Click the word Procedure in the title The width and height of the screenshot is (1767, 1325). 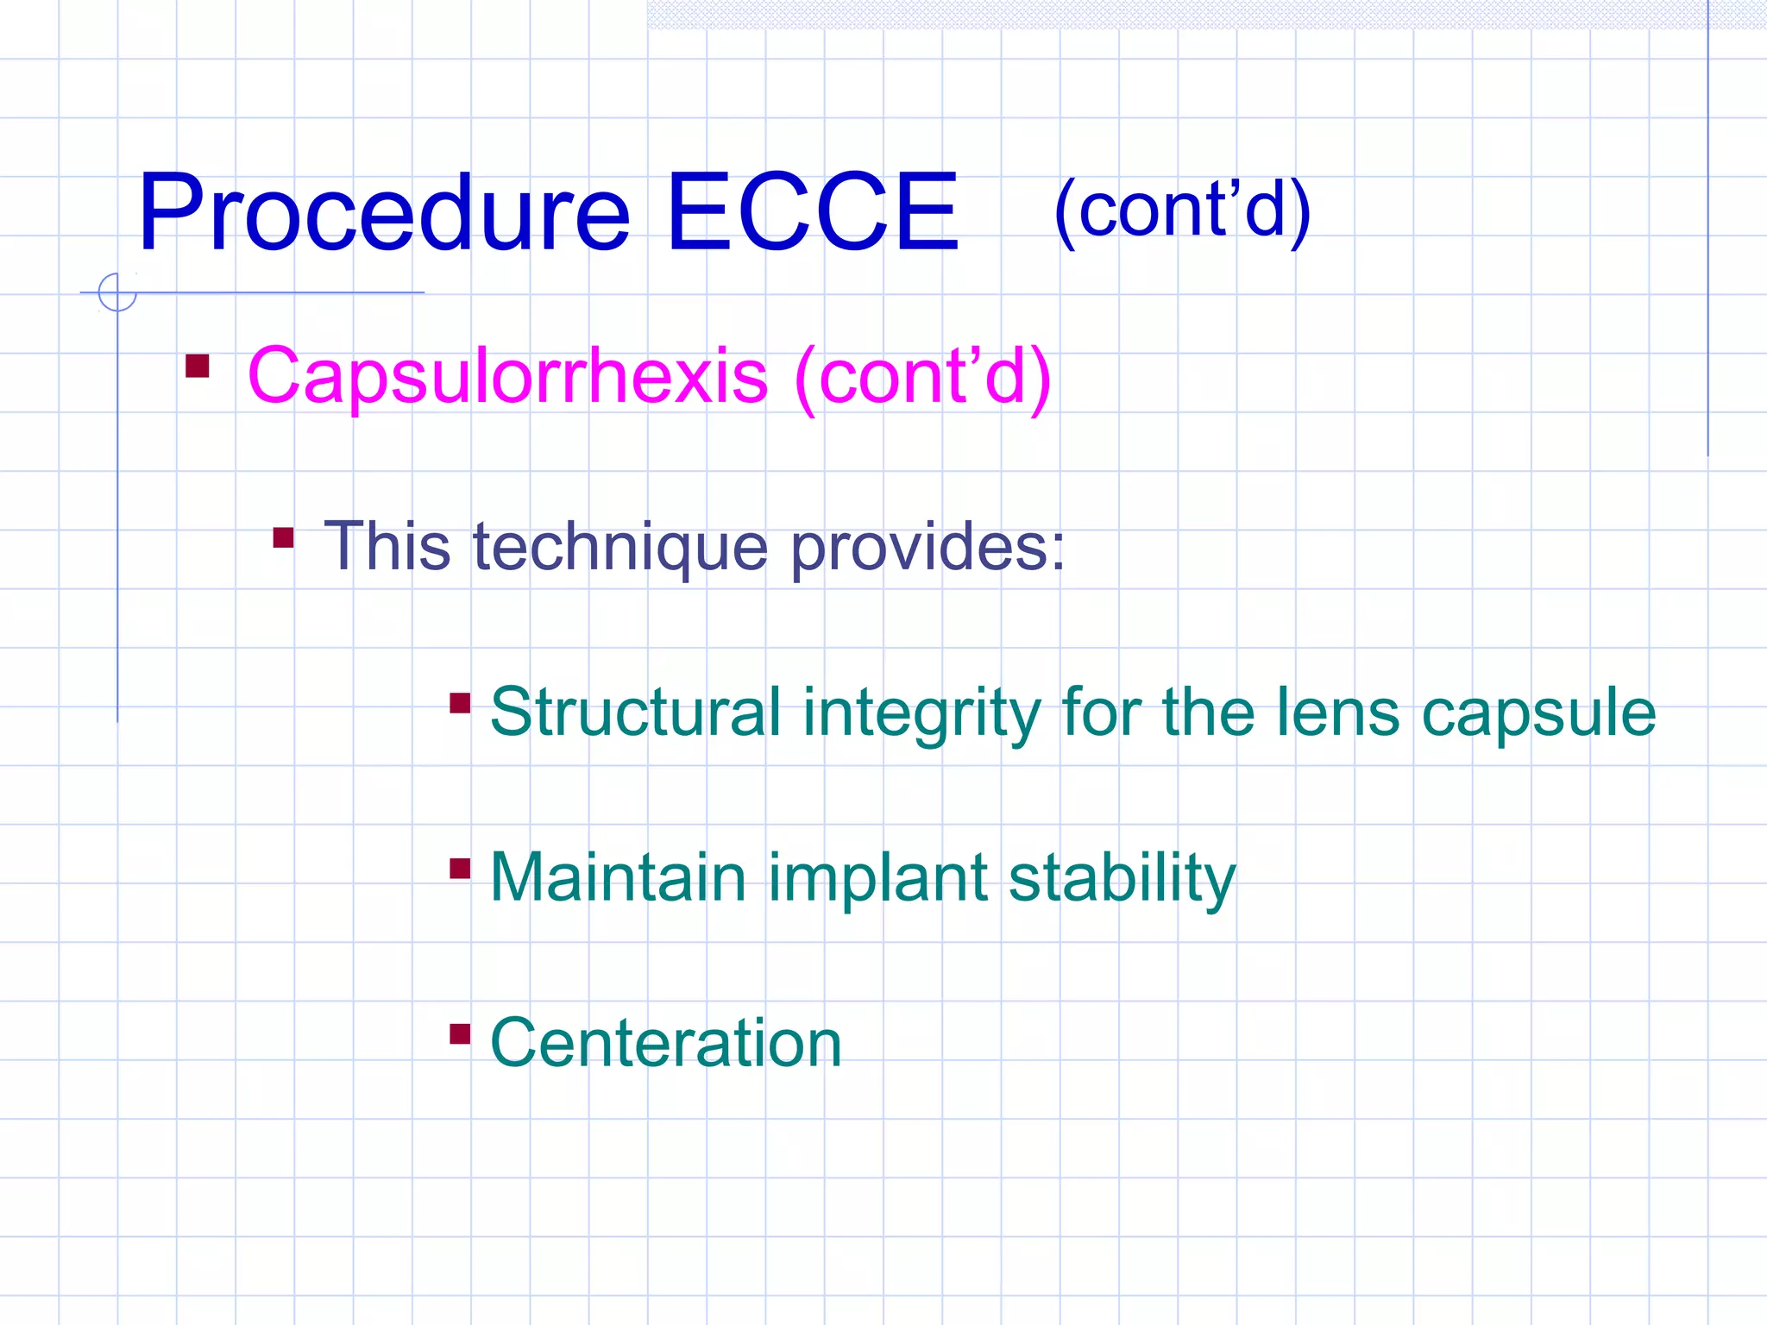pos(384,213)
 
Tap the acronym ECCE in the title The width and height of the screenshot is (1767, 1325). pos(811,213)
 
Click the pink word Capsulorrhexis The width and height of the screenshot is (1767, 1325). pos(507,376)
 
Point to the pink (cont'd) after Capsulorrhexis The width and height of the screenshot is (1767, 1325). pos(922,376)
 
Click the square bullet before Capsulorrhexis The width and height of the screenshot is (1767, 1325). pos(198,367)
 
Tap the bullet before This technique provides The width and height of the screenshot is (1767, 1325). pos(283,538)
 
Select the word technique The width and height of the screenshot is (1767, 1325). pos(619,547)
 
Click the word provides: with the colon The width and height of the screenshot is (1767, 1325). pos(928,547)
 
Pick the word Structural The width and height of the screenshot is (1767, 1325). pos(635,713)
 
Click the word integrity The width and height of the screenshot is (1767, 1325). pos(921,713)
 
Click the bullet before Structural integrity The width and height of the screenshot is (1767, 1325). pos(460,704)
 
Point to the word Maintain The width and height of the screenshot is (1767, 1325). pos(618,877)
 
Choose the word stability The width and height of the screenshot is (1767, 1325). pos(1122,879)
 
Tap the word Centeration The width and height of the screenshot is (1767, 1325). pos(665,1043)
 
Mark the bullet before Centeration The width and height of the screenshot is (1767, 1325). pos(460,1033)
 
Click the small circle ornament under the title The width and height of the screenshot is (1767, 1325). pos(117,292)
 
